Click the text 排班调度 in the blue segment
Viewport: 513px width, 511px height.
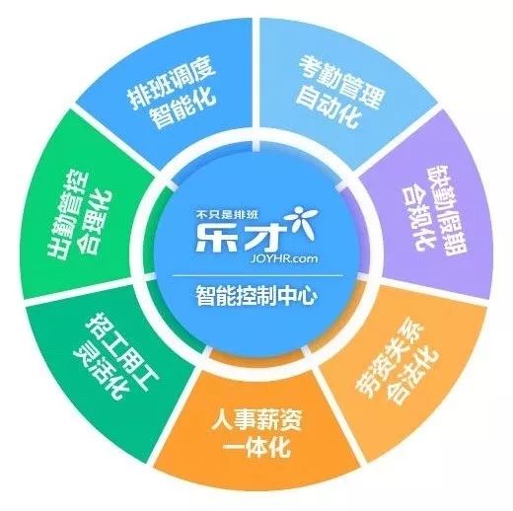(x=172, y=83)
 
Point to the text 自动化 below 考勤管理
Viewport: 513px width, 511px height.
(x=329, y=107)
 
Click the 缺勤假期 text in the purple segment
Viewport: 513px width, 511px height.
(x=446, y=210)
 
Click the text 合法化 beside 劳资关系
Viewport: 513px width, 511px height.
(x=413, y=377)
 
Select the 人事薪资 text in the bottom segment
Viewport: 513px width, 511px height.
(x=256, y=420)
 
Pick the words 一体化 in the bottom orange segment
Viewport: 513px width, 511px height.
(x=257, y=446)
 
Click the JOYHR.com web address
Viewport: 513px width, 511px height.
(x=283, y=258)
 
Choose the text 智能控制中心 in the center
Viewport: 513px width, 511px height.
(x=256, y=296)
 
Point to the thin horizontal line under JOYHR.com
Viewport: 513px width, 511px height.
(x=257, y=275)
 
